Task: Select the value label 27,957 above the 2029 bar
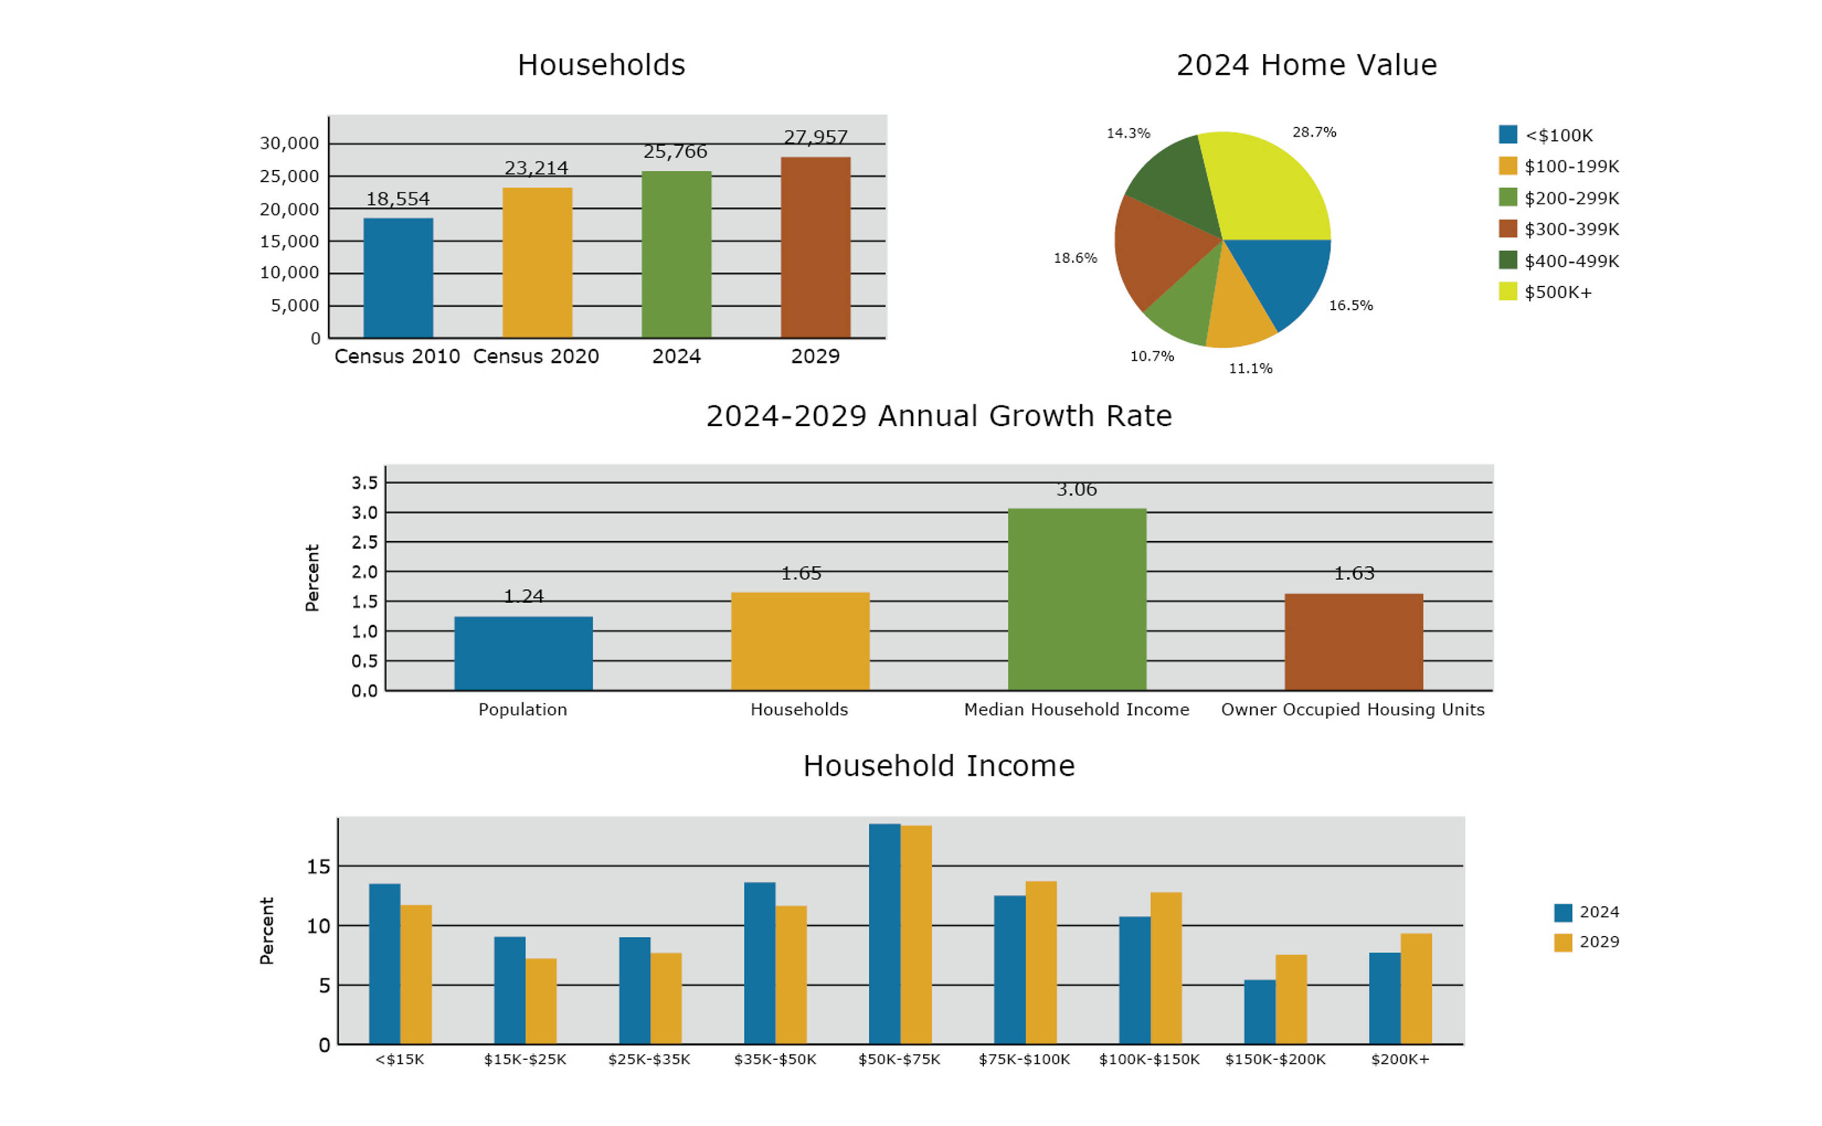pyautogui.click(x=815, y=137)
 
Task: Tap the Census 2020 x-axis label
pyautogui.click(x=536, y=356)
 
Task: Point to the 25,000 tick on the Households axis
pyautogui.click(x=289, y=177)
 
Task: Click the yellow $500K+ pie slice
pyautogui.click(x=1266, y=186)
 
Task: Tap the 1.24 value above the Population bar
pyautogui.click(x=524, y=595)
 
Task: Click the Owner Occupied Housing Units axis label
pyautogui.click(x=1352, y=709)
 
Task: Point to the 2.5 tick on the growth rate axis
pyautogui.click(x=364, y=542)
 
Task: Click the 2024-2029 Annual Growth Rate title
pyautogui.click(x=938, y=416)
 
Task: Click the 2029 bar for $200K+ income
pyautogui.click(x=1415, y=988)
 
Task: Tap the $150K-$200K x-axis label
pyautogui.click(x=1275, y=1059)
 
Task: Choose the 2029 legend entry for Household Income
pyautogui.click(x=1586, y=942)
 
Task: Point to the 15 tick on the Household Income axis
pyautogui.click(x=318, y=866)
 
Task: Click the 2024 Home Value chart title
pyautogui.click(x=1306, y=65)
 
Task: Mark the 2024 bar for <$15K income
pyautogui.click(x=384, y=964)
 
